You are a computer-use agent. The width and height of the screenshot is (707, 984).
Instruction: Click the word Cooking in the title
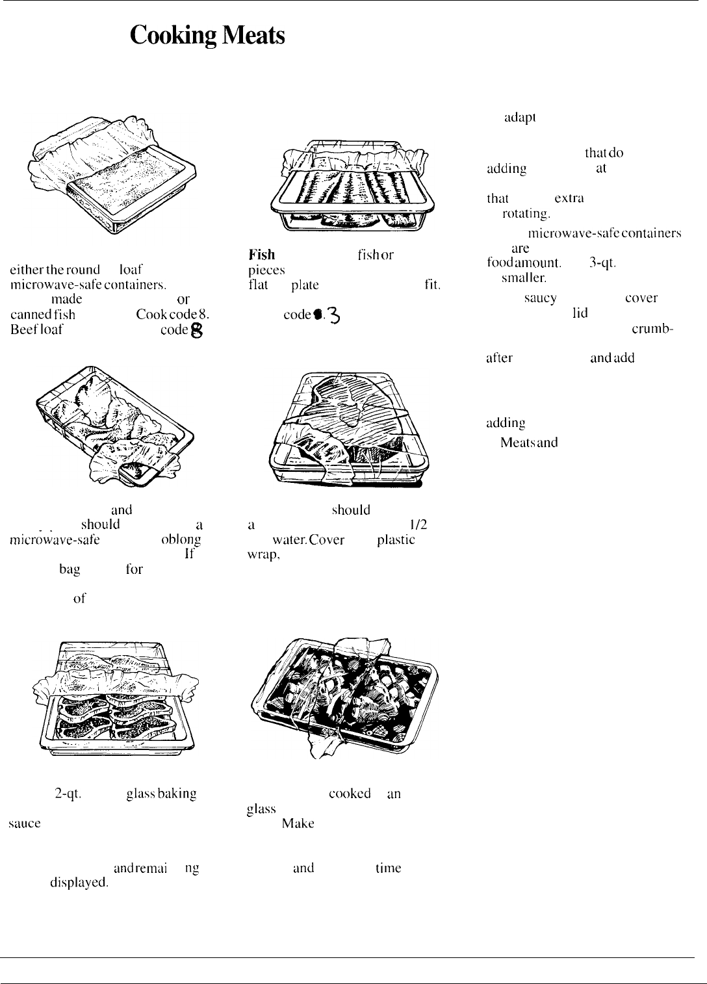[x=173, y=36]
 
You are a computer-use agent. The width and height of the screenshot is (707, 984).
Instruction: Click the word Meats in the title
[x=253, y=36]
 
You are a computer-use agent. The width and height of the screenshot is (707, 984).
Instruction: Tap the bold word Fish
[x=261, y=255]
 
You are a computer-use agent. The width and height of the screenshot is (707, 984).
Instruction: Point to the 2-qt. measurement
[x=68, y=794]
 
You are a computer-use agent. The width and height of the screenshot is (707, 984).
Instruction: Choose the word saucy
[x=540, y=298]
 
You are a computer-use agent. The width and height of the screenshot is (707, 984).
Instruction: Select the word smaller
[x=524, y=278]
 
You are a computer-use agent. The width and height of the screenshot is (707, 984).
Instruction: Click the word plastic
[x=396, y=540]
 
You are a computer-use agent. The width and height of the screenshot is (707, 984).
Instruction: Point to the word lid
[x=580, y=313]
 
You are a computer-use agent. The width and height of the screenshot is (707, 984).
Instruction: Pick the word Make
[x=298, y=823]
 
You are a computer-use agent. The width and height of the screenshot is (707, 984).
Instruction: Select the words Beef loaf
[x=36, y=329]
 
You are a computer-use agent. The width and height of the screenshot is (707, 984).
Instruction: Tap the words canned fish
[x=43, y=315]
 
